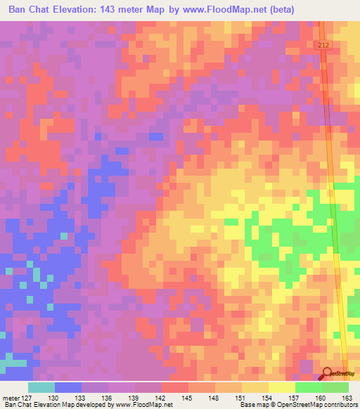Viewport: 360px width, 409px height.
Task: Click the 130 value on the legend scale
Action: click(x=54, y=398)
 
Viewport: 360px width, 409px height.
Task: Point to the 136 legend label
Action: click(x=108, y=398)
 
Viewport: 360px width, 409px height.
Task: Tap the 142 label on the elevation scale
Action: click(x=162, y=398)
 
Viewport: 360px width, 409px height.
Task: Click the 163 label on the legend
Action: click(x=347, y=398)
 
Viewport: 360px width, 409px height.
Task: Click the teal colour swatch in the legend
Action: click(x=41, y=387)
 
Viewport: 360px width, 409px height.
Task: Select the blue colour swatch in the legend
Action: click(x=67, y=387)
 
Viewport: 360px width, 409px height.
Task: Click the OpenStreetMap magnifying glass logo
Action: click(x=326, y=374)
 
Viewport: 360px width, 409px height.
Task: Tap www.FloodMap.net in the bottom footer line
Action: click(x=148, y=405)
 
